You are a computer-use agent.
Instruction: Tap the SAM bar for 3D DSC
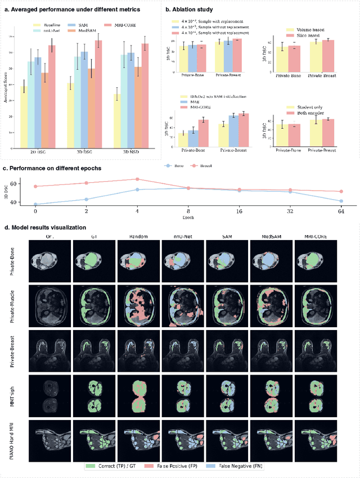(x=84, y=96)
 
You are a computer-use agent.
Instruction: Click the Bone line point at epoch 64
(x=340, y=201)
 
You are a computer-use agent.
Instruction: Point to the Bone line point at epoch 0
(x=36, y=205)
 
